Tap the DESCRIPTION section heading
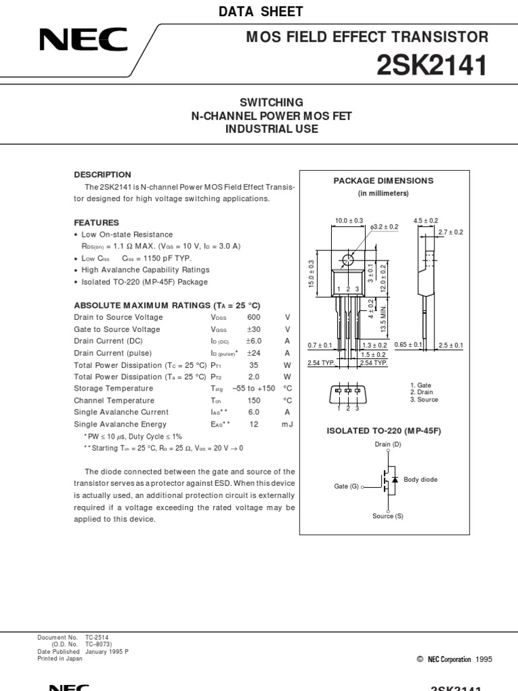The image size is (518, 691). pyautogui.click(x=103, y=175)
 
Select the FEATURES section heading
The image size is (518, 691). pyautogui.click(x=96, y=223)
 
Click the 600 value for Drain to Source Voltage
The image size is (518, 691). pyautogui.click(x=254, y=318)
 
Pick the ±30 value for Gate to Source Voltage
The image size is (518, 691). pyautogui.click(x=254, y=329)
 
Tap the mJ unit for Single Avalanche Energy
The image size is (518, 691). pyautogui.click(x=287, y=424)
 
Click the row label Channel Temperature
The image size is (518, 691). pyautogui.click(x=113, y=400)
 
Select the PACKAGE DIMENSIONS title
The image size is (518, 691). pyautogui.click(x=384, y=181)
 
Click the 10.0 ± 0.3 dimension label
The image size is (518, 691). pyautogui.click(x=349, y=221)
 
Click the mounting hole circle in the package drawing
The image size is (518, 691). pyautogui.click(x=348, y=260)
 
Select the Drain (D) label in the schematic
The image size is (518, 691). pyautogui.click(x=388, y=445)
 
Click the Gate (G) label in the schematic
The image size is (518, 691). pyautogui.click(x=346, y=486)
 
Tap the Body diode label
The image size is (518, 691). pyautogui.click(x=420, y=480)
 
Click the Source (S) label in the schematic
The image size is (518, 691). pyautogui.click(x=388, y=516)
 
